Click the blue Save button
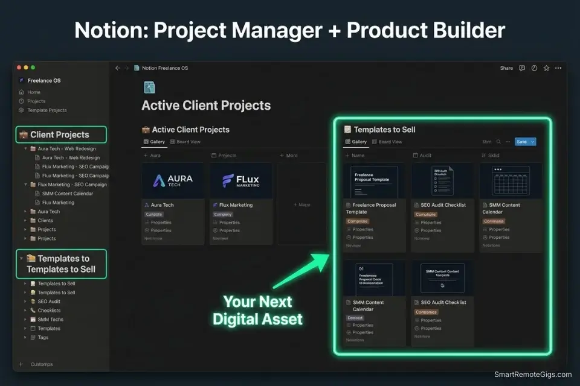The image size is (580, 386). point(521,142)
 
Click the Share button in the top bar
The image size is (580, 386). point(506,68)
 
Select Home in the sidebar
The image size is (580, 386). point(34,92)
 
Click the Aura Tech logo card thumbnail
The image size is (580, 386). point(172,180)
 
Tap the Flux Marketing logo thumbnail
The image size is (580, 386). point(241,180)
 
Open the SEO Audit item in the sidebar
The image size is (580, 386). point(49,302)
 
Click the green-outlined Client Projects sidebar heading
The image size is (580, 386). point(60,134)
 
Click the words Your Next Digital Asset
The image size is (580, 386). point(257,310)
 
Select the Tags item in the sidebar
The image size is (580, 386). point(43,338)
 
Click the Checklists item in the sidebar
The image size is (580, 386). point(49,311)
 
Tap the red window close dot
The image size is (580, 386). point(19,68)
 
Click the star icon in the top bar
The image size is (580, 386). point(546,68)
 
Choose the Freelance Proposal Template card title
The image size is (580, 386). point(374,208)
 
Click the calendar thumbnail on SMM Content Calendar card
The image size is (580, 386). point(511,180)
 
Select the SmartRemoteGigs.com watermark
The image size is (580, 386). point(532,375)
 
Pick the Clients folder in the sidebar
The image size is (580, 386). point(45,221)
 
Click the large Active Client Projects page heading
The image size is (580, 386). point(206,106)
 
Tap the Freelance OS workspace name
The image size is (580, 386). point(44,80)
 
